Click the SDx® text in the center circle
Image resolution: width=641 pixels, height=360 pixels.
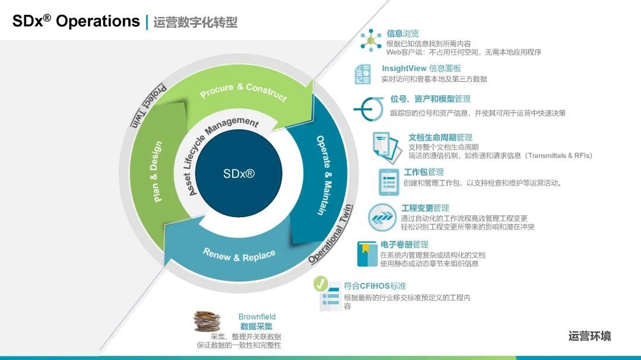pyautogui.click(x=239, y=174)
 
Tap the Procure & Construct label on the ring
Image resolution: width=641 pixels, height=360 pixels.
pyautogui.click(x=243, y=91)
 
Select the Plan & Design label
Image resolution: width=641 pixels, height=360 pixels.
pyautogui.click(x=156, y=171)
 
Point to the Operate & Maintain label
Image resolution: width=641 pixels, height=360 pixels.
pyautogui.click(x=324, y=176)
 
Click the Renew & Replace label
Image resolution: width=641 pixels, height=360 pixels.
pyautogui.click(x=239, y=255)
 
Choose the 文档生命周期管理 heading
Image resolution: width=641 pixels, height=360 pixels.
pyautogui.click(x=440, y=138)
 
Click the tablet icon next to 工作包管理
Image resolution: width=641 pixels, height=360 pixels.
pyautogui.click(x=389, y=181)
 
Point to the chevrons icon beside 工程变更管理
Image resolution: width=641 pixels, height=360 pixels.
pyautogui.click(x=381, y=217)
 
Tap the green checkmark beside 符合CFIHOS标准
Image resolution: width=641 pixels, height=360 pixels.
pyautogui.click(x=320, y=283)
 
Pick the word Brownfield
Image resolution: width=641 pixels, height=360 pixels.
pyautogui.click(x=257, y=317)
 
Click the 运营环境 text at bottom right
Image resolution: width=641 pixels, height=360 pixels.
pyautogui.click(x=589, y=336)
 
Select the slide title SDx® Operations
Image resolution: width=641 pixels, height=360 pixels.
pyautogui.click(x=76, y=21)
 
